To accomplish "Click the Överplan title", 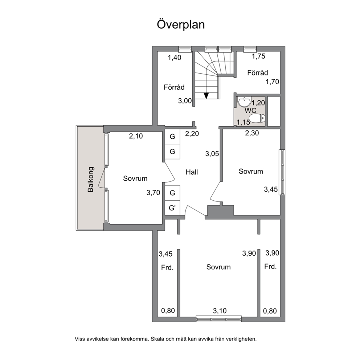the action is tap(181, 25).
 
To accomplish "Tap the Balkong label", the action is tap(91, 179).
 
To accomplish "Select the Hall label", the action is tap(192, 172).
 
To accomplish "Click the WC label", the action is tap(250, 110).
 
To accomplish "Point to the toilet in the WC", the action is tap(257, 118).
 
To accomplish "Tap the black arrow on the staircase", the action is tap(206, 95).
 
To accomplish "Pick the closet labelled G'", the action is tap(172, 208).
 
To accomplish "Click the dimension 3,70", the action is tap(153, 193).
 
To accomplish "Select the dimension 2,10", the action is tap(136, 136).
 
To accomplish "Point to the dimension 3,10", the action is tap(220, 311).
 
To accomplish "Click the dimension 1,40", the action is tap(175, 57).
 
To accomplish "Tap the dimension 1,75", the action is tap(258, 56).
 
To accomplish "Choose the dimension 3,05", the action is tap(212, 154).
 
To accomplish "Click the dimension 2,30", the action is tap(252, 133).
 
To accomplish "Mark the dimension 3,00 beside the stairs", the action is tap(185, 101).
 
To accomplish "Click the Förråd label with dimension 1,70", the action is tap(258, 73).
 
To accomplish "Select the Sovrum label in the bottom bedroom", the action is tap(218, 267).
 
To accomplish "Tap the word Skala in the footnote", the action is tap(157, 339).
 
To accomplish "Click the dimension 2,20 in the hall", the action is tap(192, 134).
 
